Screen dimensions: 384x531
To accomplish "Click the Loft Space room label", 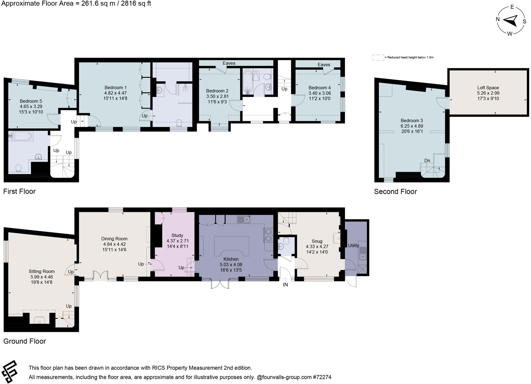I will (488, 88).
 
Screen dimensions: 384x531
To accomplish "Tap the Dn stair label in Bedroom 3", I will (427, 161).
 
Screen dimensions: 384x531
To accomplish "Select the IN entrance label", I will (285, 285).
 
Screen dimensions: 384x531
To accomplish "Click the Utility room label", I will (353, 246).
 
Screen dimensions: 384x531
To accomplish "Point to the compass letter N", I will (498, 19).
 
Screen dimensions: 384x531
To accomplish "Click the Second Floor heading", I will (395, 192).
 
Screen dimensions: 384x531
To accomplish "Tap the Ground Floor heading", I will (25, 341).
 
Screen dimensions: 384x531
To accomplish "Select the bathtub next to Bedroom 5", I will (20, 136).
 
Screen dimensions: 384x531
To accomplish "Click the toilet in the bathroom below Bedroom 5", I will (18, 168).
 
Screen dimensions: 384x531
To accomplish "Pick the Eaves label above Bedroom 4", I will (324, 65).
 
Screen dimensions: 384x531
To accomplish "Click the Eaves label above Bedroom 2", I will (229, 63).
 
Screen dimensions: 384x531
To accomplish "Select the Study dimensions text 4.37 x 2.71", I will (177, 241).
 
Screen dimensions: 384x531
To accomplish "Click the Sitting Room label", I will (41, 272).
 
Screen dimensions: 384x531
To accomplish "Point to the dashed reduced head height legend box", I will (378, 58).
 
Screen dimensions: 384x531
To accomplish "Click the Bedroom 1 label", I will (115, 88).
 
